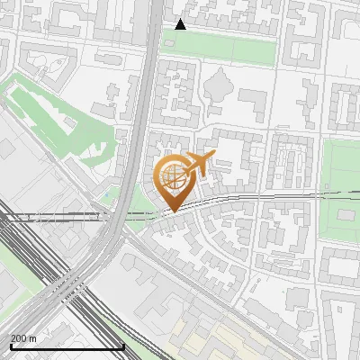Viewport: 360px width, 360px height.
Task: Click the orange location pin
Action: [x=173, y=180]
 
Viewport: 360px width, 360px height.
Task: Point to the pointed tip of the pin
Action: [x=173, y=211]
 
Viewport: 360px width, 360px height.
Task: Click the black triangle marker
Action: [x=180, y=24]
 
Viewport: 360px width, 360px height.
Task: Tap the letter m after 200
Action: [x=33, y=339]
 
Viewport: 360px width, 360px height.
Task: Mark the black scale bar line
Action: [x=67, y=346]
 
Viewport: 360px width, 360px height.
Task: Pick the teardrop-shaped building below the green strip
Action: [x=219, y=86]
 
